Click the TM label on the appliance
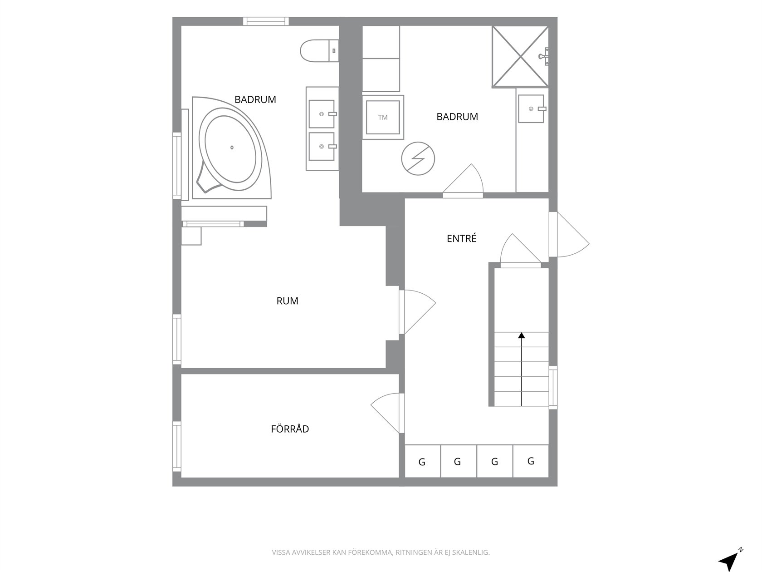[x=382, y=118]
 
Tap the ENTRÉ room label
[x=461, y=238]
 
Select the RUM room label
[x=287, y=301]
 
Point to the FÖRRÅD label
[x=290, y=429]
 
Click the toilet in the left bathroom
[x=319, y=51]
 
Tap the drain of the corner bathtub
[x=232, y=148]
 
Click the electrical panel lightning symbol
[x=418, y=158]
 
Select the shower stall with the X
[x=520, y=57]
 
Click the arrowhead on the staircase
[x=522, y=335]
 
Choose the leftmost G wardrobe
[x=422, y=461]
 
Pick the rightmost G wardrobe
[x=531, y=461]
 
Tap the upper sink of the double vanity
[x=322, y=114]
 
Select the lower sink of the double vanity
[x=322, y=147]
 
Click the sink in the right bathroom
[x=531, y=108]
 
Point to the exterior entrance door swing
[x=569, y=234]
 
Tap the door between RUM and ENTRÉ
[x=417, y=312]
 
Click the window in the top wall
[x=266, y=21]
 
